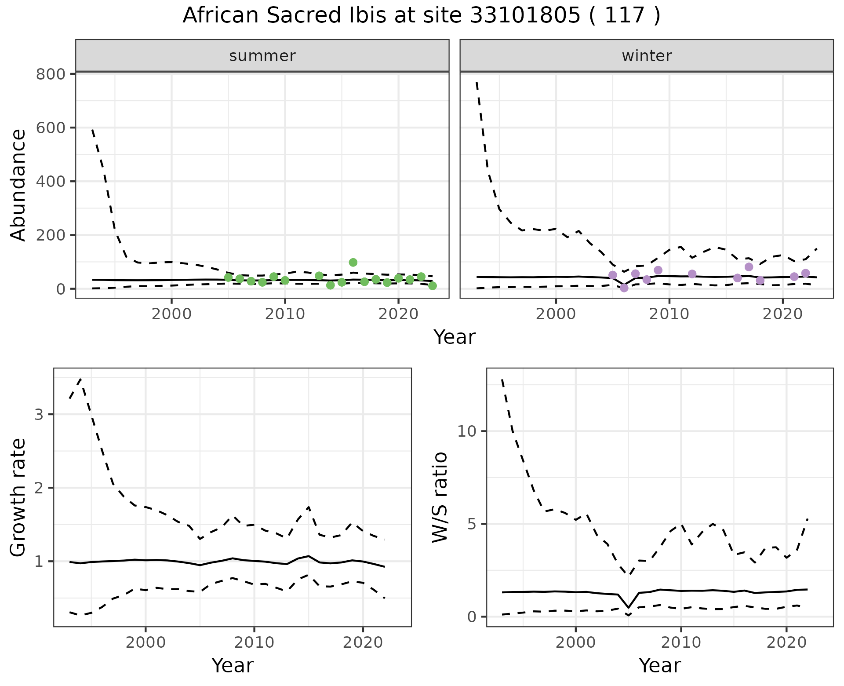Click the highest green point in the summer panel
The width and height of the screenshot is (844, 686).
[x=353, y=263]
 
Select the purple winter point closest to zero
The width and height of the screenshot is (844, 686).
[x=624, y=288]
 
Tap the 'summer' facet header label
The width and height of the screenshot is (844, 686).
[x=262, y=56]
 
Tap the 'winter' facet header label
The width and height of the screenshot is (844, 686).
[x=647, y=56]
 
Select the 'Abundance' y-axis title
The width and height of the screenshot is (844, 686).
[x=18, y=185]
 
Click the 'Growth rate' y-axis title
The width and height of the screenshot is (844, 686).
[x=18, y=498]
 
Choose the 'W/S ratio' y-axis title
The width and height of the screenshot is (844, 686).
[x=440, y=497]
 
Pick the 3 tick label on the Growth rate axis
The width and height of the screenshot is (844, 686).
[x=39, y=415]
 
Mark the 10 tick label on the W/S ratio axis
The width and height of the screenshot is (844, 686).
[x=467, y=431]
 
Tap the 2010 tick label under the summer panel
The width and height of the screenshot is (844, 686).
[x=285, y=314]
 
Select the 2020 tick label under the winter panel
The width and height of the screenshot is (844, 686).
[x=782, y=314]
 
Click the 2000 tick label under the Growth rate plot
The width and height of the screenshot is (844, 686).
[x=146, y=642]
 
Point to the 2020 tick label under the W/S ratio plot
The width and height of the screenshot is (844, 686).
[x=786, y=642]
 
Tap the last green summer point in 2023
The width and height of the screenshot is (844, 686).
[x=433, y=286]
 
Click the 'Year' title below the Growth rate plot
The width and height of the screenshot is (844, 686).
[x=233, y=666]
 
